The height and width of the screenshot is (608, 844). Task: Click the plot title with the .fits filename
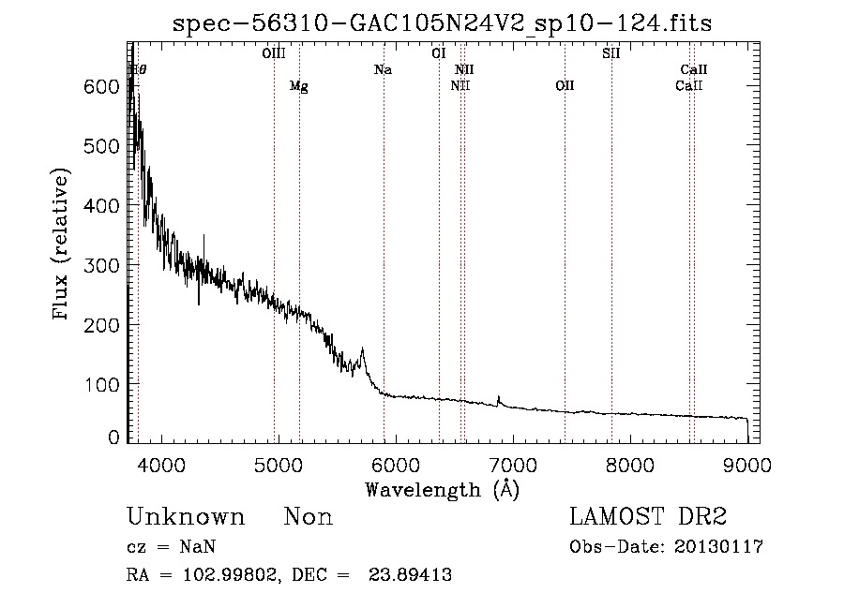pyautogui.click(x=442, y=23)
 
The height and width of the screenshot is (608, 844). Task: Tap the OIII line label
pyautogui.click(x=273, y=53)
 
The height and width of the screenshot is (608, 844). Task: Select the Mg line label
pyautogui.click(x=298, y=86)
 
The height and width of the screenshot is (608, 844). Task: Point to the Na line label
pyautogui.click(x=383, y=69)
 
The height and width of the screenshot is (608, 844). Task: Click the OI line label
pyautogui.click(x=438, y=53)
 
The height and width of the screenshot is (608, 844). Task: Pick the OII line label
pyautogui.click(x=565, y=86)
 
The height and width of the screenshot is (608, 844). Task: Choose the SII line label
pyautogui.click(x=610, y=53)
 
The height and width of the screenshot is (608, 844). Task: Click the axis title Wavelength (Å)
pyautogui.click(x=442, y=489)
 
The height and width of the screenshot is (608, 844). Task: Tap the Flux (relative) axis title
pyautogui.click(x=62, y=245)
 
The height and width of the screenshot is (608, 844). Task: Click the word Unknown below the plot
pyautogui.click(x=185, y=518)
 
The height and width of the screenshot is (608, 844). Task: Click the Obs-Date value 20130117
pyautogui.click(x=720, y=547)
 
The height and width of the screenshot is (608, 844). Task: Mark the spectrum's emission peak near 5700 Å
pyautogui.click(x=362, y=349)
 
